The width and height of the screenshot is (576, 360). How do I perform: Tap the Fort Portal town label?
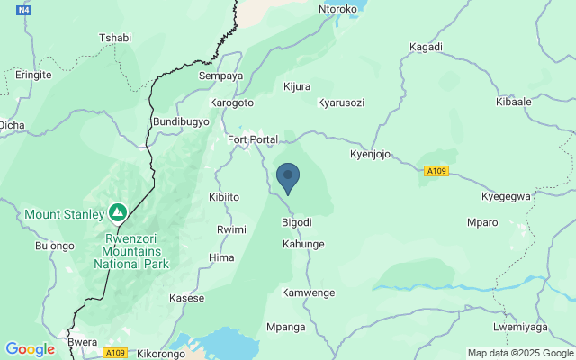[x=252, y=139]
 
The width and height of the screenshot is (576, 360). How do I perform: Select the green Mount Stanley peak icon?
[x=117, y=213]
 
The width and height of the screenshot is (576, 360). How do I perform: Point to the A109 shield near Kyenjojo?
[x=436, y=171]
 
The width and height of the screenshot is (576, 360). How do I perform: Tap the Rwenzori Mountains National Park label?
[x=130, y=252]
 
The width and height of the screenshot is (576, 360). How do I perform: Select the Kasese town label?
[x=187, y=298]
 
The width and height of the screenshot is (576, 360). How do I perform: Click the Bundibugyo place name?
[x=181, y=121]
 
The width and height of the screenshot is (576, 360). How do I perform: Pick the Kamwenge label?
[x=308, y=292]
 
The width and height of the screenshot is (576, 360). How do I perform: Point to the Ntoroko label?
[x=338, y=10]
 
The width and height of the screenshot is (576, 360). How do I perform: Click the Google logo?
[x=30, y=349]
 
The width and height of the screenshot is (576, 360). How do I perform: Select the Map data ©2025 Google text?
[x=519, y=353]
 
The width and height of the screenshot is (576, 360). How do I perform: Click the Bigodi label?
[x=297, y=222]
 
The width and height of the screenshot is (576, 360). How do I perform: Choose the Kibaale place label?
[x=539, y=102]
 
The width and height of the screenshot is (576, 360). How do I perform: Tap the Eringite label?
[x=33, y=76]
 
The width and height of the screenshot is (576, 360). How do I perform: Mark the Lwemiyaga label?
[x=520, y=327]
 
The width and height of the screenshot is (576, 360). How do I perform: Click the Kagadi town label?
[x=426, y=47]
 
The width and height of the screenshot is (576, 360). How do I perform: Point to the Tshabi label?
[x=114, y=38]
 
